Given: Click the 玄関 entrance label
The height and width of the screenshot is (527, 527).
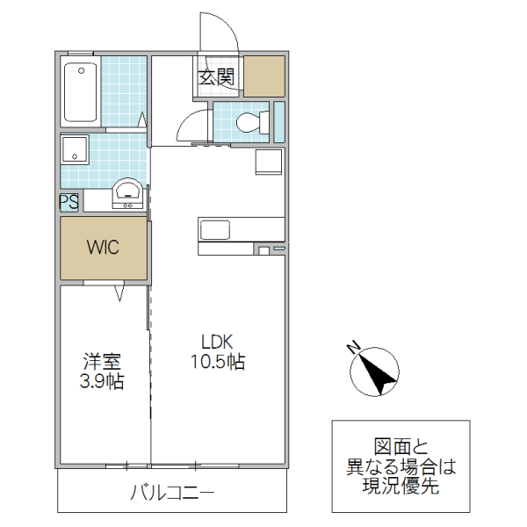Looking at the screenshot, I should (216, 77).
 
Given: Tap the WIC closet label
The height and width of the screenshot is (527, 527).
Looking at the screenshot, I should (103, 247).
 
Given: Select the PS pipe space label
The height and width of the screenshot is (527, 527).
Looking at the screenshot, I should (69, 202).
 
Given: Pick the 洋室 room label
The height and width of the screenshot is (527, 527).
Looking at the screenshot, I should (102, 361).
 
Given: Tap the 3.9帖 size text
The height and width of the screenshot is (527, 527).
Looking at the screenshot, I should (102, 381).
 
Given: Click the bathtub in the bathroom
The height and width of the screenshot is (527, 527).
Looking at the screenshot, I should (81, 92).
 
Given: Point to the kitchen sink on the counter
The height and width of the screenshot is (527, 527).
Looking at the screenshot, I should (215, 230).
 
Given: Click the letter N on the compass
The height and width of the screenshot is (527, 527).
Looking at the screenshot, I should (353, 350).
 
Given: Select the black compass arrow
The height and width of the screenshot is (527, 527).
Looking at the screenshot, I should (378, 374).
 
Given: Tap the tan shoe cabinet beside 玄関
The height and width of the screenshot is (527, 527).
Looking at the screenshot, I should (264, 76).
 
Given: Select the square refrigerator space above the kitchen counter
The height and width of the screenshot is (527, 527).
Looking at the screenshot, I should (268, 162).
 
